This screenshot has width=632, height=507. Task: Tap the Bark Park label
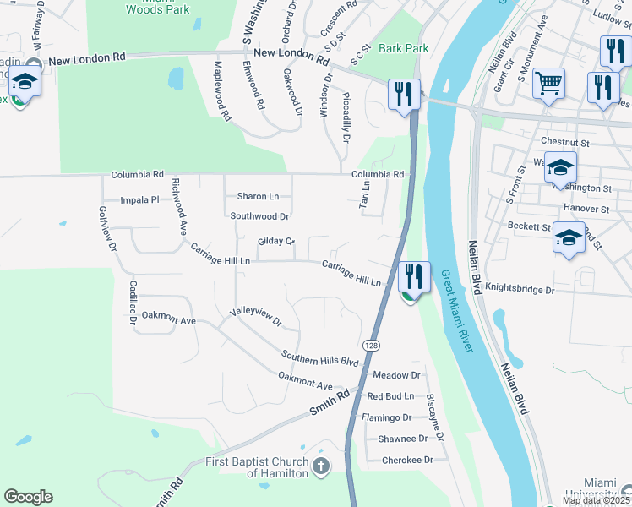[x=403, y=48]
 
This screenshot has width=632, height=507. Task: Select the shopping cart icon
[x=549, y=84]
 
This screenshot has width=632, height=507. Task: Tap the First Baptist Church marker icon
[x=320, y=466]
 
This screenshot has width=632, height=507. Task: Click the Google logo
[x=28, y=497]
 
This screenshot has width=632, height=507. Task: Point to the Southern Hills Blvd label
[x=320, y=357]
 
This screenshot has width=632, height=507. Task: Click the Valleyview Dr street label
[x=256, y=317]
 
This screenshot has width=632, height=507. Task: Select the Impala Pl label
[x=139, y=200]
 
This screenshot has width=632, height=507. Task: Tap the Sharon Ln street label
[x=258, y=196]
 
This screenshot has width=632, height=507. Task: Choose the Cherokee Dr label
[x=407, y=460]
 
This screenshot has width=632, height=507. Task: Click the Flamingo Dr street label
[x=386, y=417]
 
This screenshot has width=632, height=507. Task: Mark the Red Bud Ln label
[x=390, y=395]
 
